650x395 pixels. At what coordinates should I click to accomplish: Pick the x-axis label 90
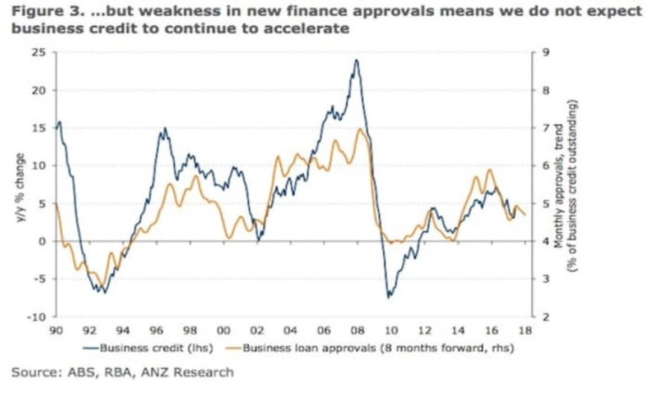[x=55, y=330]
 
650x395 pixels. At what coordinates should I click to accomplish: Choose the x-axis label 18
[x=525, y=330]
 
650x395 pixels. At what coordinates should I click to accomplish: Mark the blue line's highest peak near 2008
[x=356, y=60]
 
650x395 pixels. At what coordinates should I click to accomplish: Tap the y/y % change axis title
[x=21, y=185]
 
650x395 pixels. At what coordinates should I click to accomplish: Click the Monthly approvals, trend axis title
[x=559, y=185]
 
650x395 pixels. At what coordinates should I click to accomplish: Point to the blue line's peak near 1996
[x=164, y=128]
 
